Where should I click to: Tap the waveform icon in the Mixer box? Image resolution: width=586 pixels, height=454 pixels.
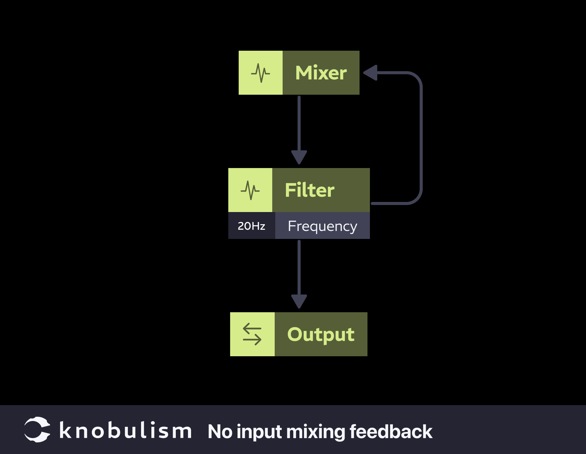click(x=260, y=73)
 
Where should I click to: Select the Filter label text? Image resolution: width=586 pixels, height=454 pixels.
click(x=309, y=190)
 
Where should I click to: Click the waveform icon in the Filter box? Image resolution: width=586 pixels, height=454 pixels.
click(x=250, y=190)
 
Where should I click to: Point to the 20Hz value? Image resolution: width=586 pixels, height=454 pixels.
click(x=251, y=226)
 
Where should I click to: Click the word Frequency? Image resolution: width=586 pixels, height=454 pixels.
click(x=322, y=226)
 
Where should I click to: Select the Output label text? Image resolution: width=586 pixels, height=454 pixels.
click(x=321, y=334)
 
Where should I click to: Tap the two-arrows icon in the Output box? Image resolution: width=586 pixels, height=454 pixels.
click(x=252, y=334)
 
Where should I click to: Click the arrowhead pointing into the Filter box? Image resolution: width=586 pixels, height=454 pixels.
click(x=299, y=157)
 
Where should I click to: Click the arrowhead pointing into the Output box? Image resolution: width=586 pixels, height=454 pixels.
click(x=299, y=301)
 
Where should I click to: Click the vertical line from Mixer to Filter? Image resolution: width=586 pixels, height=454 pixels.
click(x=299, y=122)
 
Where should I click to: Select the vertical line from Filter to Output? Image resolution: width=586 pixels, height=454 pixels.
click(x=299, y=266)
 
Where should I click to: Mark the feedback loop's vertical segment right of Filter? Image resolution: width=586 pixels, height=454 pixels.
click(x=421, y=137)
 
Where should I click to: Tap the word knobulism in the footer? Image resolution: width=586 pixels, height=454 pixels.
click(x=125, y=431)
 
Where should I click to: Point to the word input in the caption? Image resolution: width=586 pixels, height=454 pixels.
click(x=259, y=432)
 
